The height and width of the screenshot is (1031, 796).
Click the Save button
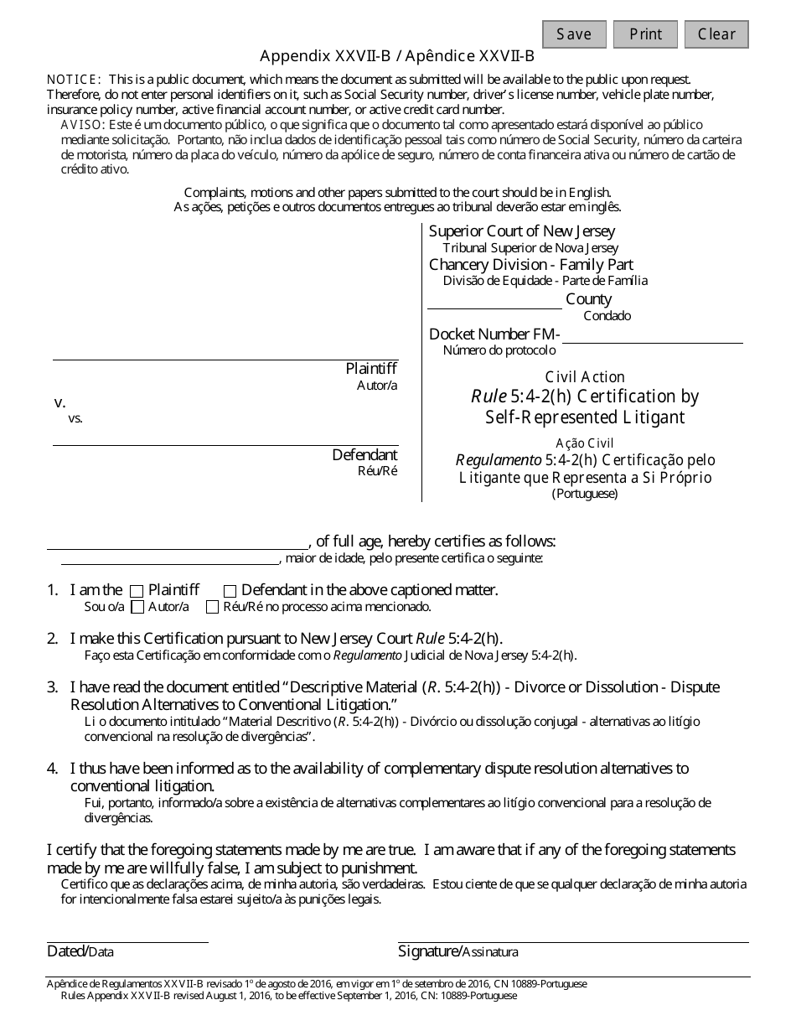tap(574, 34)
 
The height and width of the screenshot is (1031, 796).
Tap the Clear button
tap(716, 34)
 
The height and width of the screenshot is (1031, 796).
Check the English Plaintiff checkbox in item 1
tap(137, 591)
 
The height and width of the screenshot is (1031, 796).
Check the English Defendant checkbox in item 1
tap(230, 591)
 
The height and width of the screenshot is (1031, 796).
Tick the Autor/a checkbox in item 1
tap(138, 607)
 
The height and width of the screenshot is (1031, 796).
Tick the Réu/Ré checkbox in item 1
tap(213, 607)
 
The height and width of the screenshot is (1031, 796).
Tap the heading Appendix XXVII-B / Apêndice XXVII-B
tap(397, 57)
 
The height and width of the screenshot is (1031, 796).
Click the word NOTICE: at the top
tap(75, 79)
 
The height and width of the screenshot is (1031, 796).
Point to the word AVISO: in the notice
tap(81, 124)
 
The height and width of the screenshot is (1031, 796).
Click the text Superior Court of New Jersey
tap(522, 231)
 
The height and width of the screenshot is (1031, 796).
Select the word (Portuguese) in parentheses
tap(585, 494)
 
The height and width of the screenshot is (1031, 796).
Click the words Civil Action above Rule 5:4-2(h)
tap(585, 377)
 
